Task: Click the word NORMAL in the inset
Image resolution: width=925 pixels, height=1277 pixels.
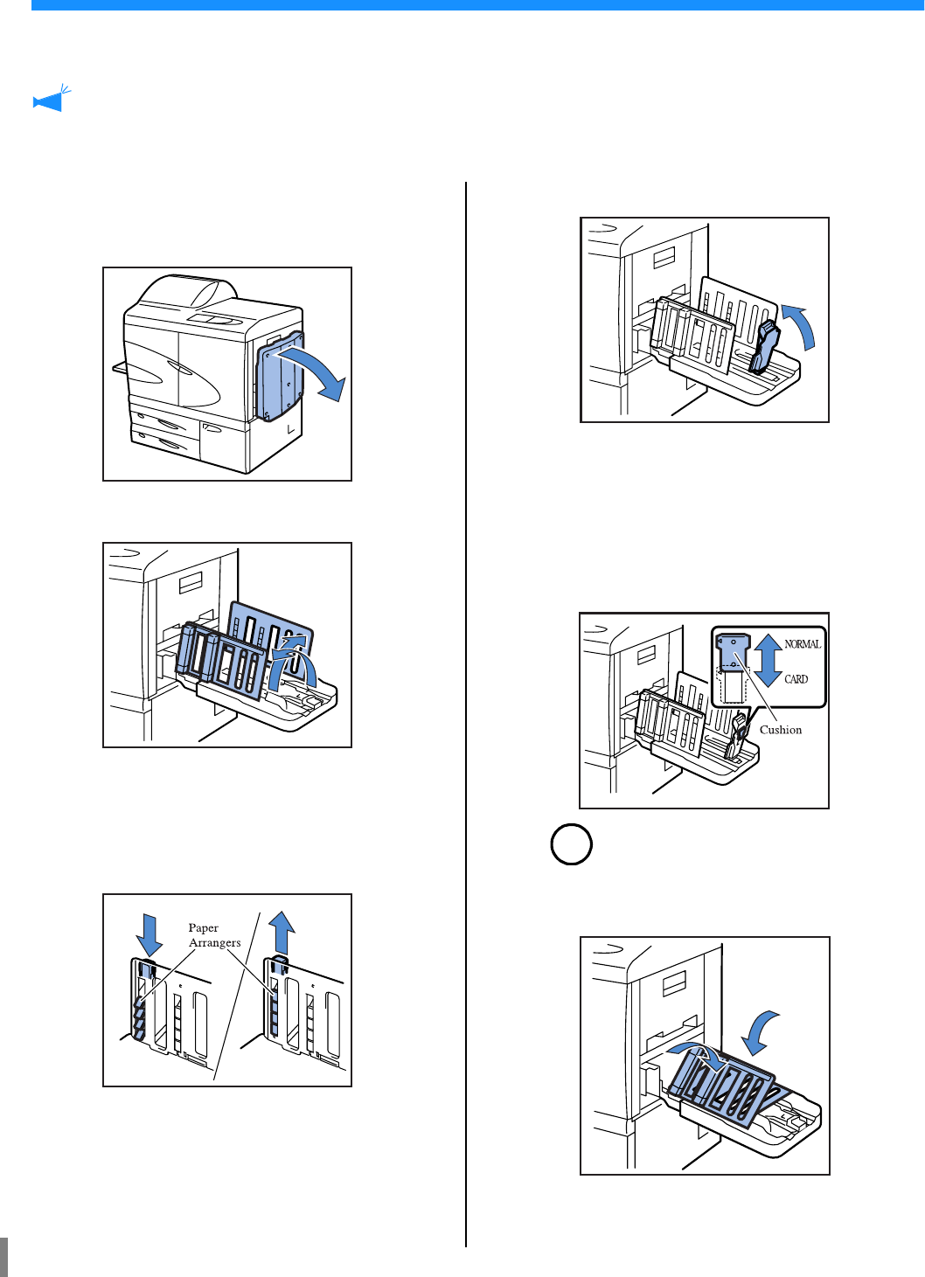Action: [802, 644]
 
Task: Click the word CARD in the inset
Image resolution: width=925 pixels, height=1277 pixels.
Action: [796, 679]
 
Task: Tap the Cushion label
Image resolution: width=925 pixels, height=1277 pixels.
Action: [780, 730]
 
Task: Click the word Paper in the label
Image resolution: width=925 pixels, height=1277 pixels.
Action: [203, 928]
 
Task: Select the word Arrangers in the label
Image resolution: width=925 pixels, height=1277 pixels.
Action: [214, 943]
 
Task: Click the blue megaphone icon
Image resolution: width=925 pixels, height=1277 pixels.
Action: [51, 100]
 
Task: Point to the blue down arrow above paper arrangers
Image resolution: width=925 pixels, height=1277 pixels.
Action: [150, 934]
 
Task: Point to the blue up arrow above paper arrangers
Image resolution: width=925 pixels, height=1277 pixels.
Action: [281, 932]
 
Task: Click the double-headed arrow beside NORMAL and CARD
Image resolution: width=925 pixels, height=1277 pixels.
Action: [768, 661]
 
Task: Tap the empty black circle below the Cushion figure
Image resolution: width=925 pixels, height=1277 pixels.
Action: [572, 844]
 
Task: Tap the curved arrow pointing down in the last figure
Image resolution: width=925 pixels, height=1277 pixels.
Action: [759, 1031]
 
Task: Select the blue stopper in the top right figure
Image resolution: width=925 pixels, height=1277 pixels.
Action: [764, 347]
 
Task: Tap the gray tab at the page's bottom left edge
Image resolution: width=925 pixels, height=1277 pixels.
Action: [3, 1257]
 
